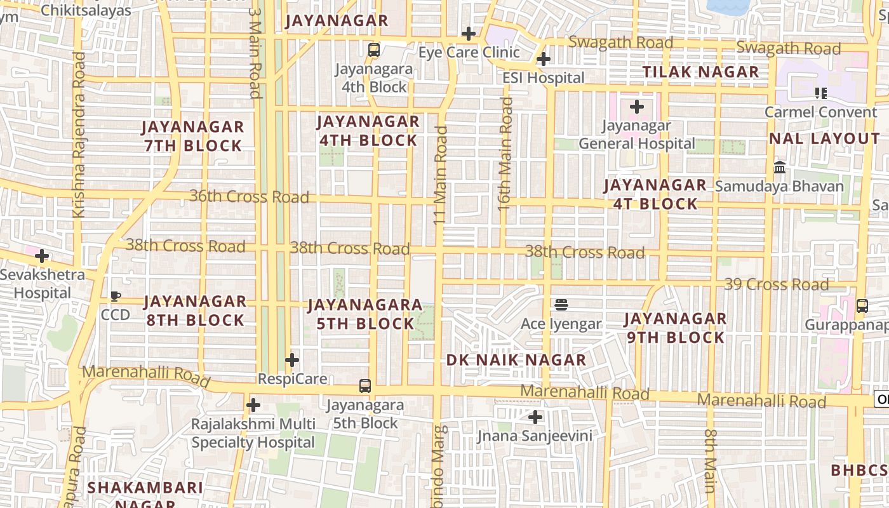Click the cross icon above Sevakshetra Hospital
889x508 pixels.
pos(42,256)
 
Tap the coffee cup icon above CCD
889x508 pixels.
pos(116,296)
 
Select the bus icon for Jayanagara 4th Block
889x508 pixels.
pos(374,50)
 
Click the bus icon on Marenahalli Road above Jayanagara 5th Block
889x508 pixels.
pos(365,385)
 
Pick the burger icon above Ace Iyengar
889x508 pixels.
pos(561,305)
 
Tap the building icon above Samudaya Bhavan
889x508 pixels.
pos(780,168)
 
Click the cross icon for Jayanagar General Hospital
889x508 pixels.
pos(637,107)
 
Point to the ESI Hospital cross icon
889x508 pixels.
pos(544,59)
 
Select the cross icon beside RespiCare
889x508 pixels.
pos(292,360)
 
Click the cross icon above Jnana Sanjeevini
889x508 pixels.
pos(535,417)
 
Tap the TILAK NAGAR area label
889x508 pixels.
pos(701,72)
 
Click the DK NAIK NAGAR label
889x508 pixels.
pos(516,360)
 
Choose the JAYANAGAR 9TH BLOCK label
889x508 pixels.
pos(675,328)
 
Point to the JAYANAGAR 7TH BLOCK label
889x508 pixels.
pos(193,136)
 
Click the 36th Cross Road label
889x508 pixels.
pos(249,196)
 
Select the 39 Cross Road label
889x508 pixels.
pos(776,284)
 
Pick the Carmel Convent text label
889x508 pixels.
pos(820,112)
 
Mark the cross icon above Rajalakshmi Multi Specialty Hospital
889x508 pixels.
pos(253,404)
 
